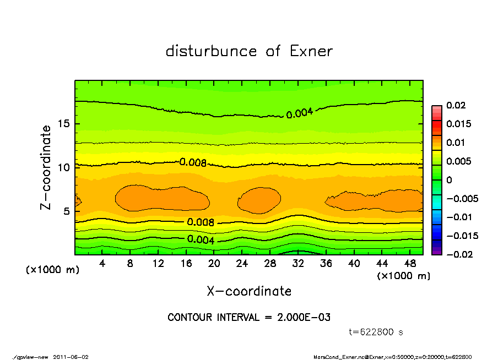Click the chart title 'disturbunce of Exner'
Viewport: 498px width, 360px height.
[x=249, y=51]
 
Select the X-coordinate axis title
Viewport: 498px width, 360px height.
[x=249, y=291]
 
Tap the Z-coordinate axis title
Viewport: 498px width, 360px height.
[x=46, y=167]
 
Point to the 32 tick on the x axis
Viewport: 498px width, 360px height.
[x=298, y=264]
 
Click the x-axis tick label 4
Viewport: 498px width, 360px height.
[x=102, y=264]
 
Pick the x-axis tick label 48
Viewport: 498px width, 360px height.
[x=409, y=264]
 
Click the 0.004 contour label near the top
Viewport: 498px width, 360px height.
[x=300, y=113]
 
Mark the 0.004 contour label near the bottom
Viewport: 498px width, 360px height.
[x=201, y=239]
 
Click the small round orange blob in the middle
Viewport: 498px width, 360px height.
[x=259, y=200]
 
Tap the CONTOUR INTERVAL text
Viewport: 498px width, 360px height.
[x=249, y=318]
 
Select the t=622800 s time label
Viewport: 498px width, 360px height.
[x=376, y=332]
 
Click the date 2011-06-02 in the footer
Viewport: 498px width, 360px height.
[x=71, y=357]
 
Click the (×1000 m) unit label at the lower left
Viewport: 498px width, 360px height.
[x=52, y=270]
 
